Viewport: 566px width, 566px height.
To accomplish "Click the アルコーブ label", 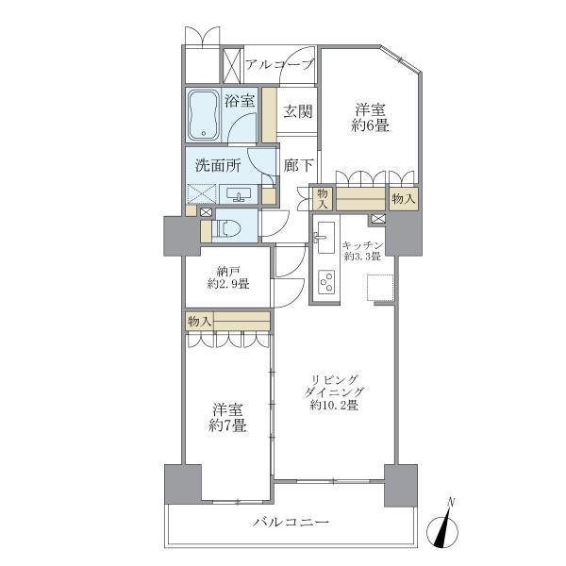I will pos(279,65).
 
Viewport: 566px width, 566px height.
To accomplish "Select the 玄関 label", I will pos(298,112).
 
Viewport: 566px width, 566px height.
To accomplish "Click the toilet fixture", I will pos(226,227).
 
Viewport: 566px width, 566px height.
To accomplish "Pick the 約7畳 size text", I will pos(227,426).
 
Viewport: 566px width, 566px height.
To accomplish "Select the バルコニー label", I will pos(290,523).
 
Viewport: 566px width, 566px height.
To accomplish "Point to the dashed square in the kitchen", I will pos(380,287).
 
